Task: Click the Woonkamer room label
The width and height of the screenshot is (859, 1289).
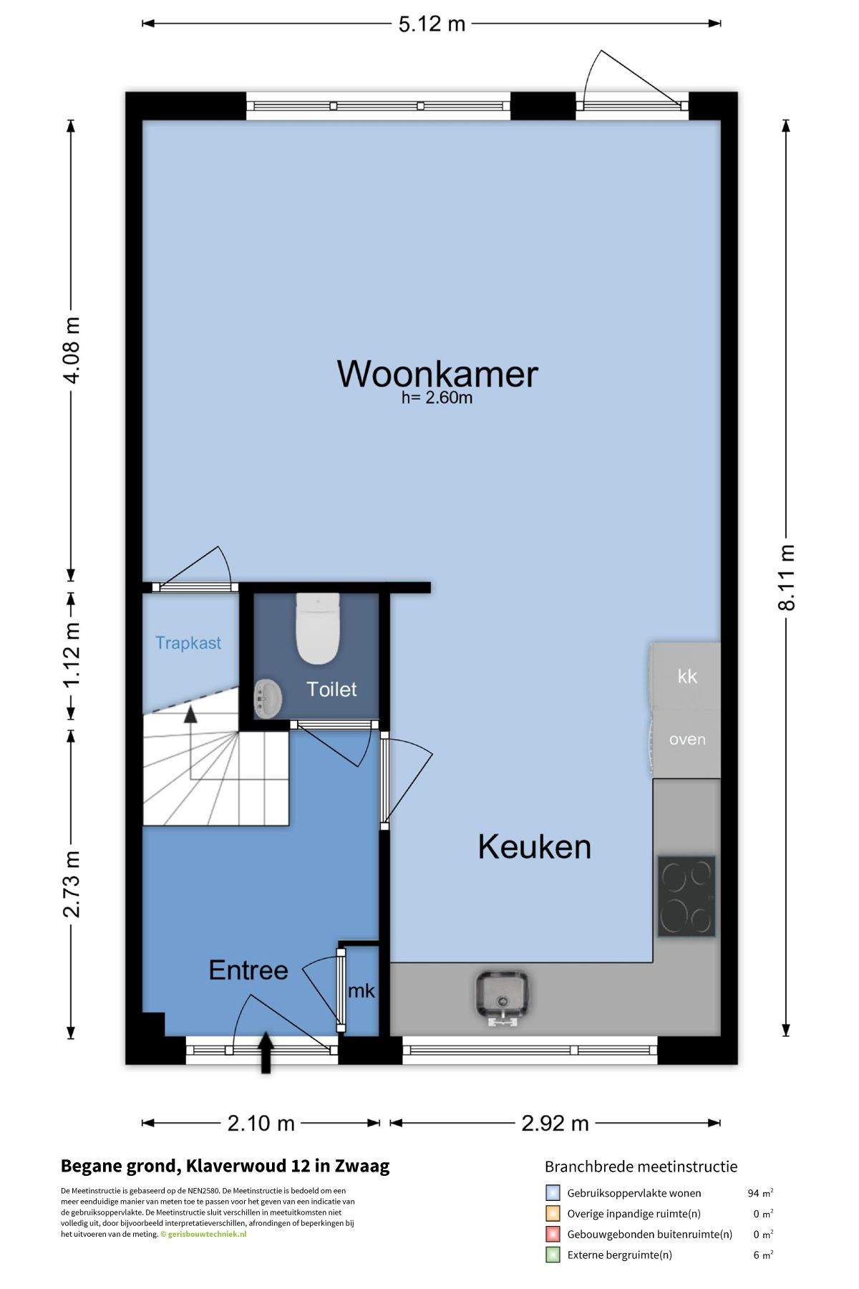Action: tap(437, 374)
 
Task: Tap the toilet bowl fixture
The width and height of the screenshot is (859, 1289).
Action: tap(318, 628)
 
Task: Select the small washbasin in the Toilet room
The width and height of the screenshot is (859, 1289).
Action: tap(268, 698)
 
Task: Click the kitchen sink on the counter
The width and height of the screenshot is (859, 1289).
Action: tap(503, 995)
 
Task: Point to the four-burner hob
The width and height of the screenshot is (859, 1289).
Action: tap(686, 896)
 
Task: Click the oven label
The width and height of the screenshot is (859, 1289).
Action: tap(687, 739)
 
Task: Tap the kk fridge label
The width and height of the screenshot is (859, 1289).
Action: tap(687, 676)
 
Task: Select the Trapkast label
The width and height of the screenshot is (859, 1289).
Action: tap(188, 643)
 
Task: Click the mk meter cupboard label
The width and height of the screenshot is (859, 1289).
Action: tap(361, 991)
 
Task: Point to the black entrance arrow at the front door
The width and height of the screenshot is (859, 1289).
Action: tap(266, 1052)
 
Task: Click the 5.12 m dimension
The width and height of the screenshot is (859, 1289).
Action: tap(432, 24)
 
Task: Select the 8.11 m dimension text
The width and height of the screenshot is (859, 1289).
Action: tap(786, 577)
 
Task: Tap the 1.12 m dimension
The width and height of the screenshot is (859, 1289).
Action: tap(71, 655)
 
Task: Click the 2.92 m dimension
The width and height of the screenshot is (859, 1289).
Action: tap(555, 1123)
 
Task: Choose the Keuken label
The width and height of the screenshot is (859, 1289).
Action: tap(534, 847)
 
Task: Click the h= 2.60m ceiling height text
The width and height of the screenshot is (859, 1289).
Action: tap(437, 398)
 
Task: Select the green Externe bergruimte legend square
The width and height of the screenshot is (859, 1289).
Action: tap(553, 1255)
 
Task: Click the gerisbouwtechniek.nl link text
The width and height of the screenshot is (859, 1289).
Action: tap(207, 1234)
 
